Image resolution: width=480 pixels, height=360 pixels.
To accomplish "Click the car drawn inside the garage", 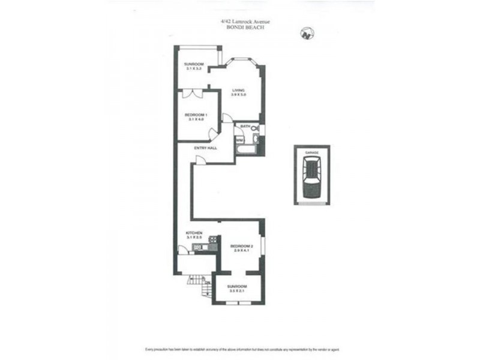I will (x=311, y=178).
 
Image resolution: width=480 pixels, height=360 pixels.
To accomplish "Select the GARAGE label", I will (x=311, y=154).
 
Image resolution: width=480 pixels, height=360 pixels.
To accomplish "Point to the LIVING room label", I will (x=239, y=91).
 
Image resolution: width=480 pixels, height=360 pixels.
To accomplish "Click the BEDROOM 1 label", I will (x=196, y=115).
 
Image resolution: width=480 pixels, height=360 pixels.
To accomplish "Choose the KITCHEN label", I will (x=194, y=232).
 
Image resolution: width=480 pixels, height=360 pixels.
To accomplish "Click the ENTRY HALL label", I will (x=205, y=148).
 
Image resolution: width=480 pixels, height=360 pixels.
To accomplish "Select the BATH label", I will (x=245, y=127).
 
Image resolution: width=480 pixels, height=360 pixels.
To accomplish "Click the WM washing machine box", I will (x=239, y=140).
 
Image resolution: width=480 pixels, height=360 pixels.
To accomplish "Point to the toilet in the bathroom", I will (x=255, y=128).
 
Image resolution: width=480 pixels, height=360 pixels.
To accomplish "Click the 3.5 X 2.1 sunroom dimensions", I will (x=237, y=292).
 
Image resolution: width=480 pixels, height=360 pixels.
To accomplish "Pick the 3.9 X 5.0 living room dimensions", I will (x=239, y=95).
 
